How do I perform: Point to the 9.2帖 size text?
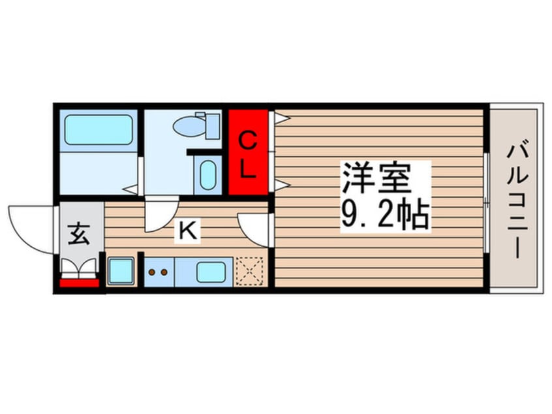pyautogui.click(x=384, y=212)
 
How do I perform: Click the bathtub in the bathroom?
pyautogui.click(x=98, y=129)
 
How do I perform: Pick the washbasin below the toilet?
pyautogui.click(x=207, y=175)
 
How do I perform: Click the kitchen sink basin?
pyautogui.click(x=211, y=271)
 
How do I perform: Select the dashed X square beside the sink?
pyautogui.click(x=249, y=270)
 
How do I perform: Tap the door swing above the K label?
pyautogui.click(x=161, y=215)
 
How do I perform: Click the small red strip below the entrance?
pyautogui.click(x=80, y=283)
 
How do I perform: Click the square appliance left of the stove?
pyautogui.click(x=121, y=271)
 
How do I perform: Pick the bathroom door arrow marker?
pyautogui.click(x=132, y=189)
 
